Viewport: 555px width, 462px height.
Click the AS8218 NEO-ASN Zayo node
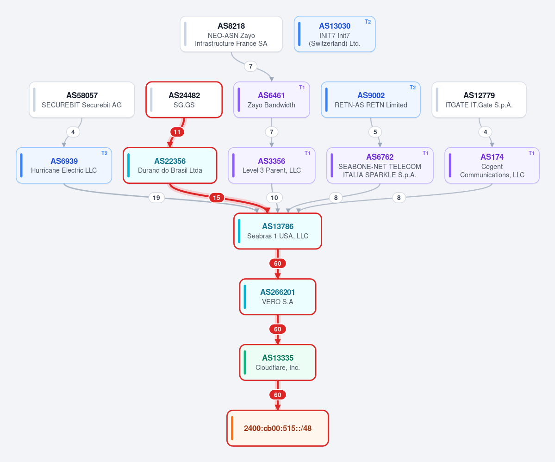(231, 34)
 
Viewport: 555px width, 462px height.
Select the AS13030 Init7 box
(335, 34)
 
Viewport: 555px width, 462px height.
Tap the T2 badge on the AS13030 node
(368, 22)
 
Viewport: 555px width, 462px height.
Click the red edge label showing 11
(177, 132)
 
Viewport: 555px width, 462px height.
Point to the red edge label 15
(217, 198)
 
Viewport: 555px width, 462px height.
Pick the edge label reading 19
(156, 198)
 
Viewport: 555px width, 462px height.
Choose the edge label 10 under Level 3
(274, 198)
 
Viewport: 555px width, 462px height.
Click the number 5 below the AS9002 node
(375, 132)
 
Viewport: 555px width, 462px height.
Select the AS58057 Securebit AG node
(82, 100)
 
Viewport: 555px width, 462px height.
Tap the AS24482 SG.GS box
(184, 100)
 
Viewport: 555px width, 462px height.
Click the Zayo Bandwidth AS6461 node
(272, 100)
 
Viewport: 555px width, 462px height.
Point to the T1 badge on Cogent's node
(531, 153)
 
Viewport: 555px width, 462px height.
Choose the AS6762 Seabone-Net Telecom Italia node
(380, 165)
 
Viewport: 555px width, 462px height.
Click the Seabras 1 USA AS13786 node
(278, 231)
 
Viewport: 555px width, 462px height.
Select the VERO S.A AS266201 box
(278, 297)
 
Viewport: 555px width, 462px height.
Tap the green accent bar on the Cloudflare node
(245, 362)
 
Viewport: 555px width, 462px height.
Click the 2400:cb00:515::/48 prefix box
(278, 428)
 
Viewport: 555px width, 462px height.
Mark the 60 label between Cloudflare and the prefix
(278, 395)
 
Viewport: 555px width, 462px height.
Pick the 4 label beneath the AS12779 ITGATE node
(485, 132)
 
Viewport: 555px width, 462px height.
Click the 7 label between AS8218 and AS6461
(250, 66)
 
